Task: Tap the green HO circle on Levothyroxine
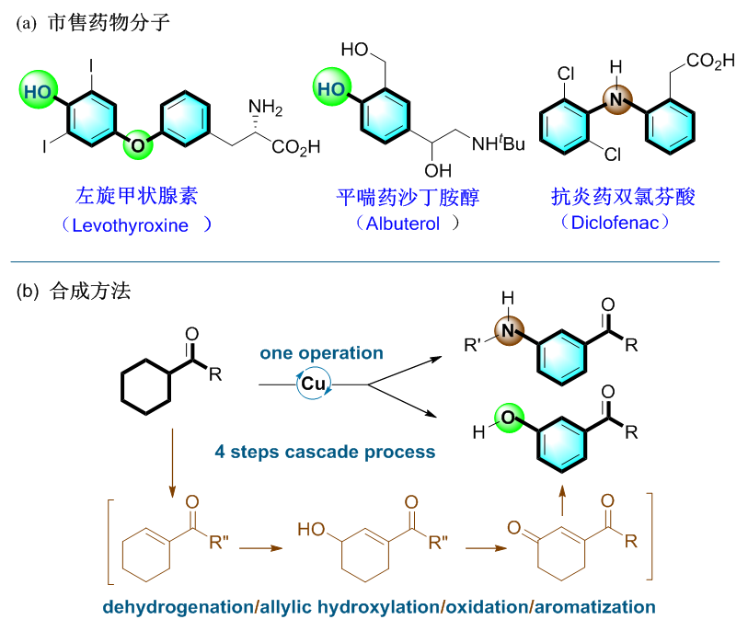pos(40,91)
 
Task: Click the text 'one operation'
pos(321,353)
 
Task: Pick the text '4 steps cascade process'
pos(325,452)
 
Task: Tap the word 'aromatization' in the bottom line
pos(594,607)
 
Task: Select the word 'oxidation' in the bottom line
pos(485,607)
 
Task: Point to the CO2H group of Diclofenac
pos(710,62)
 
